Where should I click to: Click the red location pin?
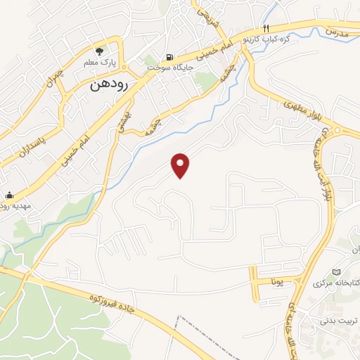pos(181,165)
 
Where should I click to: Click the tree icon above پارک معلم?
pos(100,51)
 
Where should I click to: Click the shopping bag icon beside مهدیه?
pos(9,195)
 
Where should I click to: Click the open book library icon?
pos(335,272)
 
